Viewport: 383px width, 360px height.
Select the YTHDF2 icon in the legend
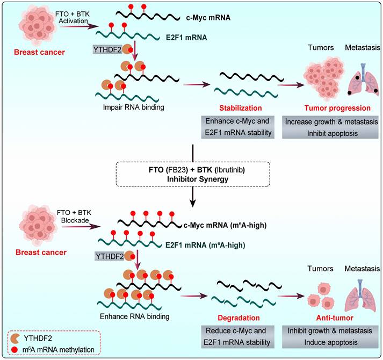18,337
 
